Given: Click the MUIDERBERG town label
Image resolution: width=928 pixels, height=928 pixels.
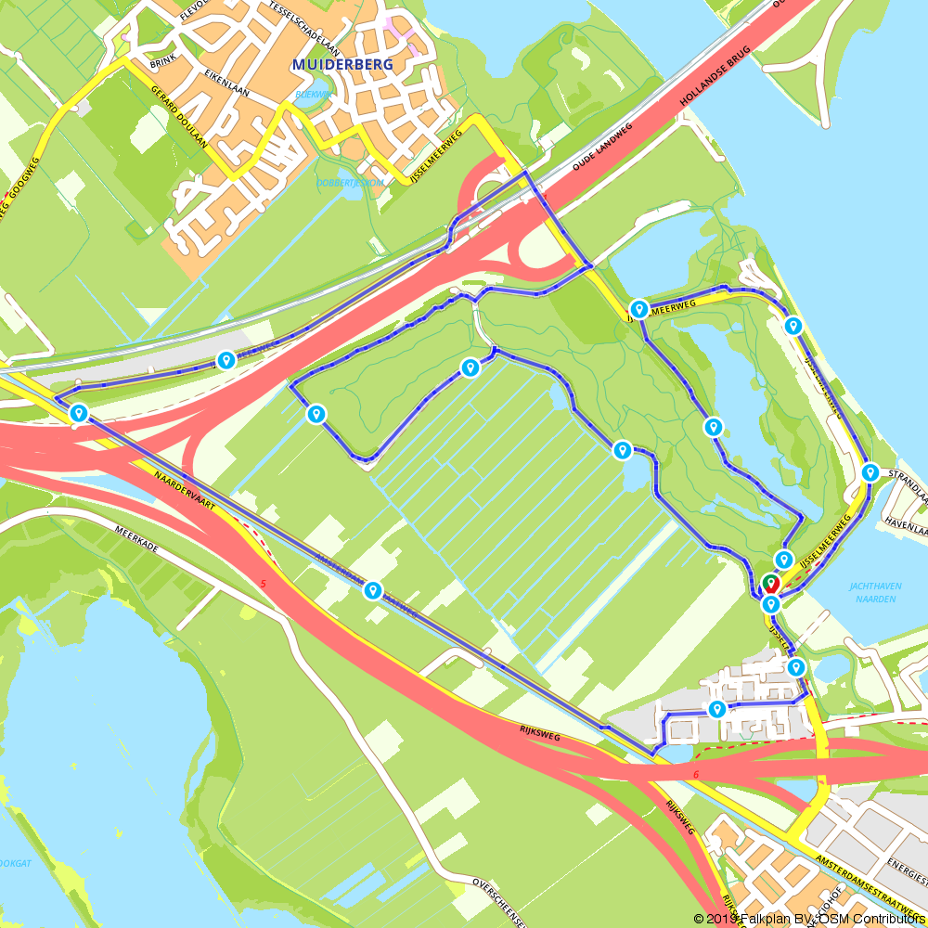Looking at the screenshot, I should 342,64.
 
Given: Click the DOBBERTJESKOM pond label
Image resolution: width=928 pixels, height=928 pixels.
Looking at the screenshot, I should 349,183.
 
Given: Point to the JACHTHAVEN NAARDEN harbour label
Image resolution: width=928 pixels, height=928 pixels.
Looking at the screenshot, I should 872,592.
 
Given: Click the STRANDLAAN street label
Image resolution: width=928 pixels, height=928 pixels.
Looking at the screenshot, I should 909,485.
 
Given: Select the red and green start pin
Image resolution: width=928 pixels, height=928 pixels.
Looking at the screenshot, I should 770,585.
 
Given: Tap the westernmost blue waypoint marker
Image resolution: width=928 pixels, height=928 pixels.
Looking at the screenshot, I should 79,413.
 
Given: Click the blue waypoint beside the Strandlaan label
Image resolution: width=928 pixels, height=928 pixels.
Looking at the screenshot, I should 870,472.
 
